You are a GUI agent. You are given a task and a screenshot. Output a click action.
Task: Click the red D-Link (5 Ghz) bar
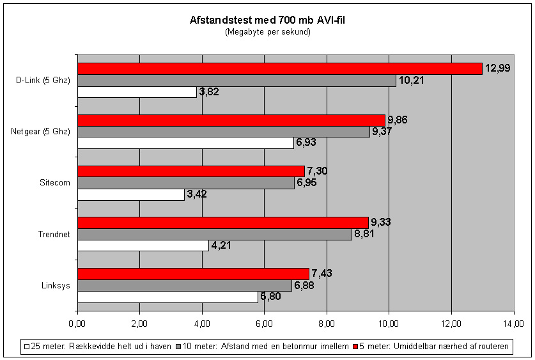tap(279, 69)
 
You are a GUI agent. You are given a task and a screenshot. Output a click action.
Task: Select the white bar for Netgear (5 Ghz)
tap(185, 143)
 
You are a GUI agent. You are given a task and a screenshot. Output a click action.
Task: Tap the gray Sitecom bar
tap(185, 183)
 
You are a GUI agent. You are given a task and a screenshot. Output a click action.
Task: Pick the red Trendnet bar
tap(222, 223)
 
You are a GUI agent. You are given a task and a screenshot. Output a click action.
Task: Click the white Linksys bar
tap(167, 297)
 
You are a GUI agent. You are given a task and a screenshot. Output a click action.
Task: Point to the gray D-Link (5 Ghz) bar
tap(236, 81)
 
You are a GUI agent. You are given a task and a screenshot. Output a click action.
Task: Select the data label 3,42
tap(198, 194)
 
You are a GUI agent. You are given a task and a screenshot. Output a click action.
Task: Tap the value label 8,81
tap(365, 234)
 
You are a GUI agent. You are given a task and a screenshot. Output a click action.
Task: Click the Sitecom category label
tap(55, 183)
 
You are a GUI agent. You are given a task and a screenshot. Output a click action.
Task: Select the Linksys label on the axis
tap(56, 285)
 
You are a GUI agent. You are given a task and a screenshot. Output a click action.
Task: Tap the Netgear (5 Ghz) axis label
tap(40, 132)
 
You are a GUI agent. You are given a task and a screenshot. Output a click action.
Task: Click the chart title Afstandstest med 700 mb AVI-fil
tap(268, 21)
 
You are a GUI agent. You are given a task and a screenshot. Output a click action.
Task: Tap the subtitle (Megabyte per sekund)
tap(268, 32)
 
